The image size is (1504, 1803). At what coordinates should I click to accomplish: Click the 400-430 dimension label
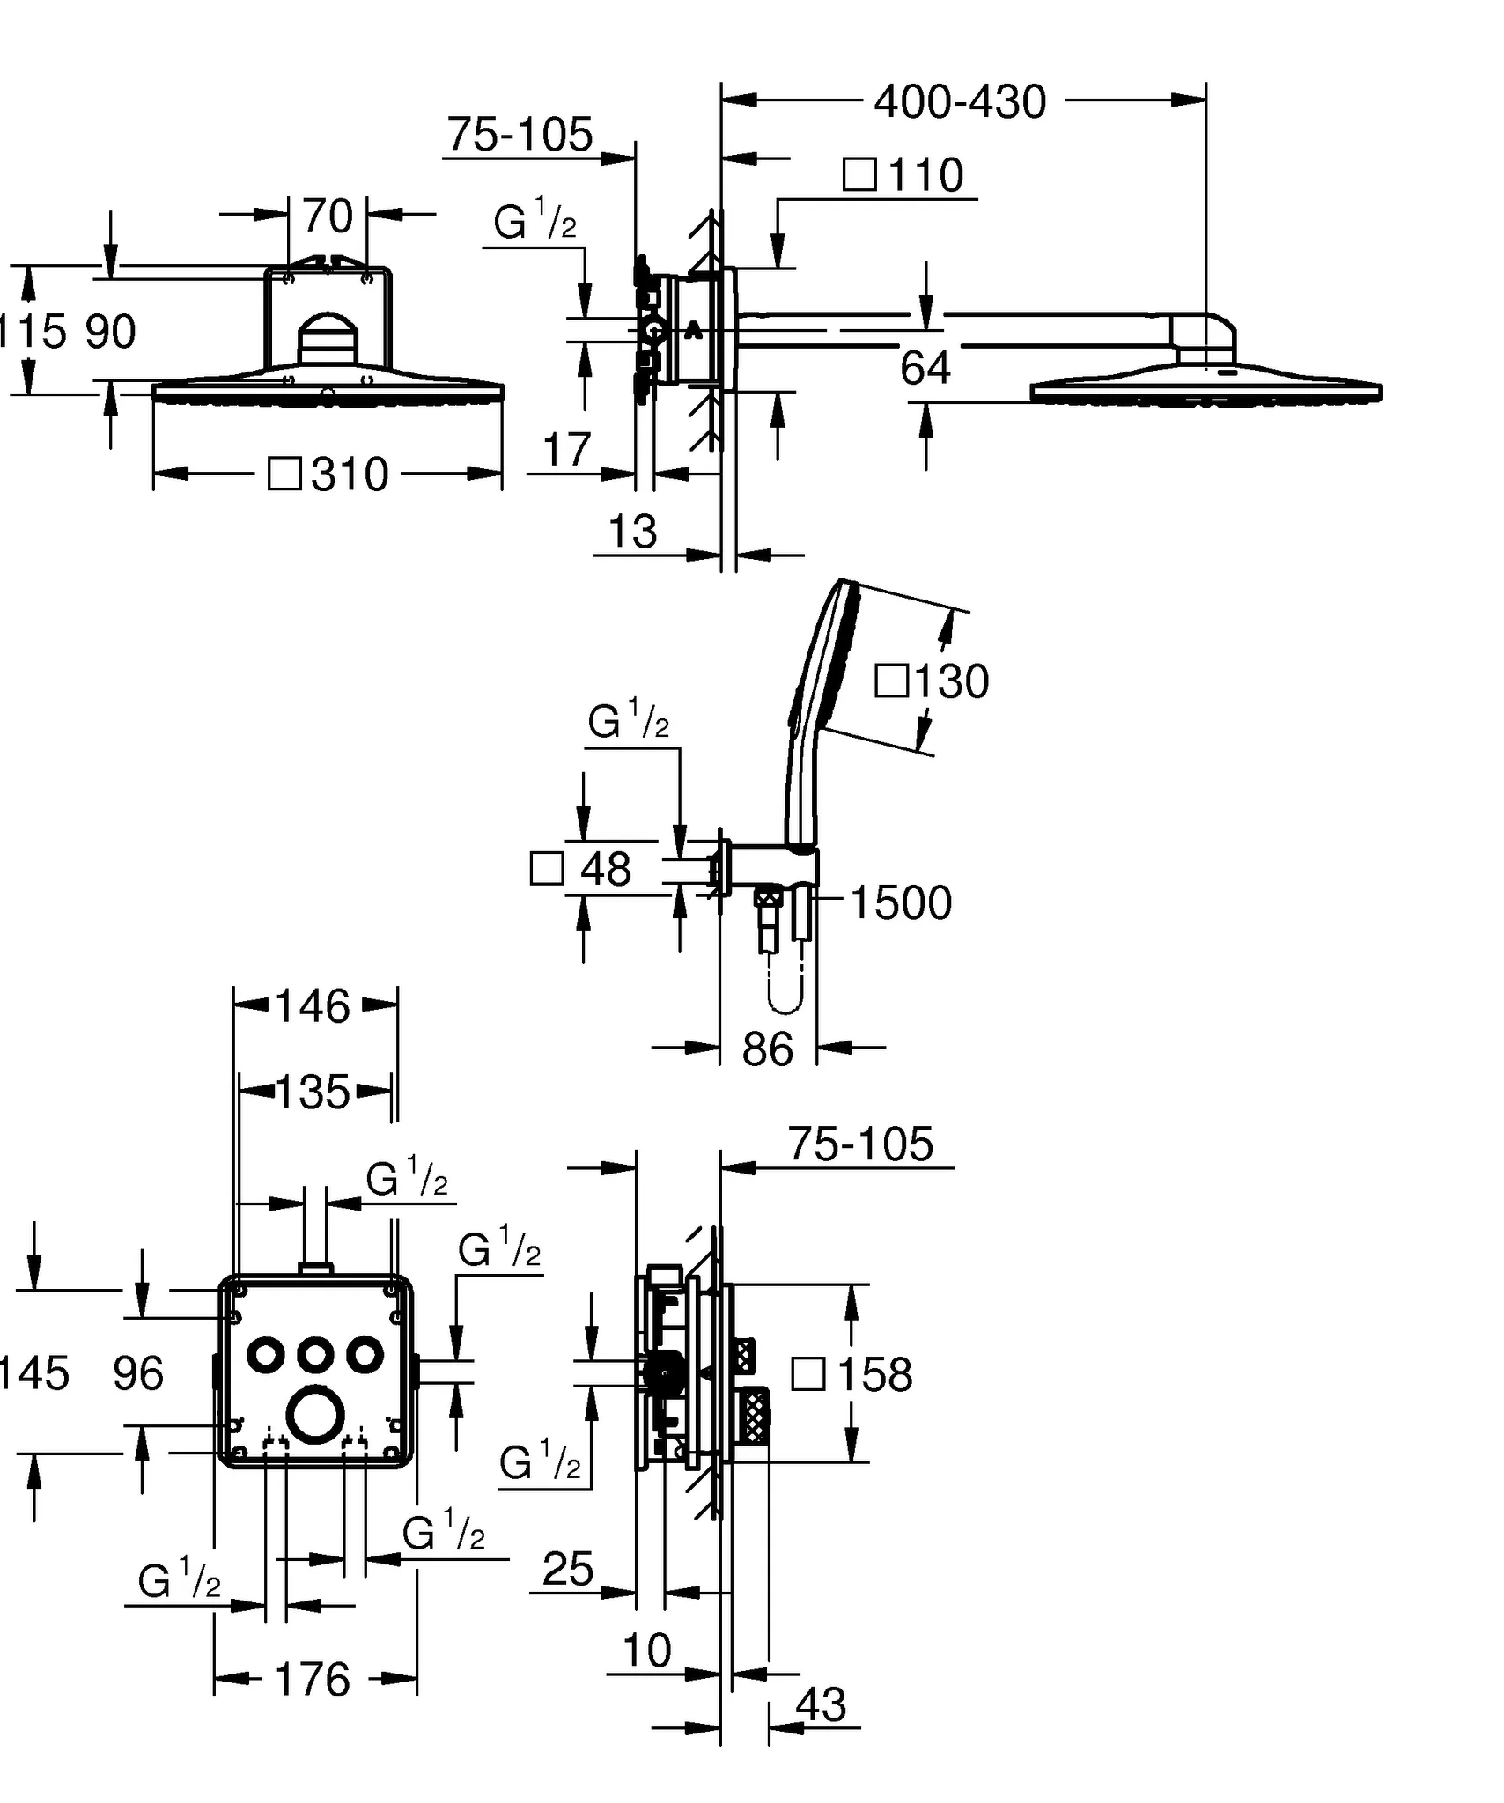[960, 103]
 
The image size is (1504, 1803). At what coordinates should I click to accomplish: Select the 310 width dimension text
[350, 475]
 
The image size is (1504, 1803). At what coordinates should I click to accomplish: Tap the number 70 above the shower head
[328, 217]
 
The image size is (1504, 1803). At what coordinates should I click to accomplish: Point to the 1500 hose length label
[901, 903]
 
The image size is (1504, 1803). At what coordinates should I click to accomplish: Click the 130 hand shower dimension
[952, 682]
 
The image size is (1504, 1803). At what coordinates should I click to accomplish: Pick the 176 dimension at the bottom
[313, 1680]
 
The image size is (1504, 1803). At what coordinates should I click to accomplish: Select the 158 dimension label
[874, 1374]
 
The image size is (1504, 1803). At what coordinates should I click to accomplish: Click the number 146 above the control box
[313, 1006]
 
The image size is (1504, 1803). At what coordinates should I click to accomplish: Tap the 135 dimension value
[313, 1093]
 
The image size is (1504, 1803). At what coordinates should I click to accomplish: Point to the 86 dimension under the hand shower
[767, 1049]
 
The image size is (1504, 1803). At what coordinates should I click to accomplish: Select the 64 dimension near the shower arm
[925, 368]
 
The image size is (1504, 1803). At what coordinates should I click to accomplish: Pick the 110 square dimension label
[926, 176]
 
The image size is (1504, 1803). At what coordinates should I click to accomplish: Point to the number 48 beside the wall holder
[606, 870]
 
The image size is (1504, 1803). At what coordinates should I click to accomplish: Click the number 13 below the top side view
[632, 532]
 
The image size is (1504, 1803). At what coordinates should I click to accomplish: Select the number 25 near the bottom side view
[568, 1570]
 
